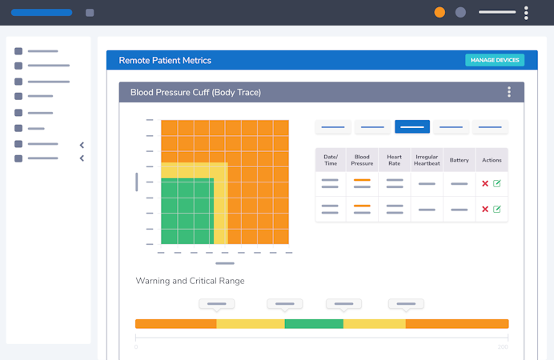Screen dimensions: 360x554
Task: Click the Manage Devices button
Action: point(495,60)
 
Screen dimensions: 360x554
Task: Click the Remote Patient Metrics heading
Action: point(165,60)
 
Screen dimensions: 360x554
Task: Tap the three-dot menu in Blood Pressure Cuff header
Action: point(509,92)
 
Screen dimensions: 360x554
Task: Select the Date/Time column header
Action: point(331,160)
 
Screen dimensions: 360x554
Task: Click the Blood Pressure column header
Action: point(362,160)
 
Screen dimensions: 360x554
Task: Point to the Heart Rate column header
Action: point(394,160)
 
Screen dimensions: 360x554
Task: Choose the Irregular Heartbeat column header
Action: point(427,160)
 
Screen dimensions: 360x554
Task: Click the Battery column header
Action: point(459,160)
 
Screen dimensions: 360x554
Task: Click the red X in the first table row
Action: point(485,184)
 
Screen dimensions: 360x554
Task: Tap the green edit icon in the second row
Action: point(497,210)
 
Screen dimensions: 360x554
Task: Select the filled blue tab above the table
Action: point(412,126)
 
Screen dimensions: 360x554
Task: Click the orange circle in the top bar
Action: point(440,12)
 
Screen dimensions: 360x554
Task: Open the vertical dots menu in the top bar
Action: point(526,13)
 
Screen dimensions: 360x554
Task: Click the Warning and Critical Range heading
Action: point(190,281)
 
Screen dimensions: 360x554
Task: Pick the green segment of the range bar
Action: point(314,324)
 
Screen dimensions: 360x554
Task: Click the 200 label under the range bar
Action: point(503,347)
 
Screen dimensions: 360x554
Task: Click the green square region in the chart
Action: point(187,211)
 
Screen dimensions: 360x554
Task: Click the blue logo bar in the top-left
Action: point(42,13)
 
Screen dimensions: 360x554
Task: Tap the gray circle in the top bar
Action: point(460,12)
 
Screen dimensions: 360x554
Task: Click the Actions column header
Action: point(492,160)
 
